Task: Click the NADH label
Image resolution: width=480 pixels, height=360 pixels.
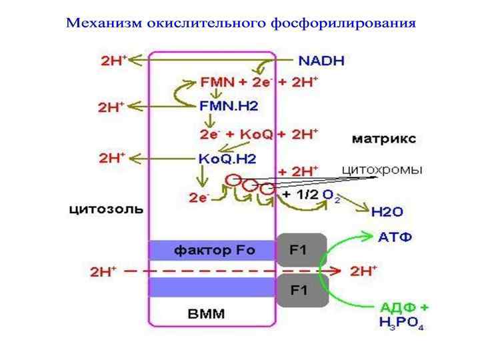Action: pyautogui.click(x=321, y=61)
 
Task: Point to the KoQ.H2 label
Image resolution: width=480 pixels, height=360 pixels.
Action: pyautogui.click(x=227, y=159)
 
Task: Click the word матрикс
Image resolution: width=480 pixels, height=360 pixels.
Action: pyautogui.click(x=383, y=139)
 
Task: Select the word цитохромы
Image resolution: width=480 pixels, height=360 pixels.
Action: pyautogui.click(x=381, y=170)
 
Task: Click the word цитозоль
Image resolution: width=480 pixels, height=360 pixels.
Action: pyautogui.click(x=106, y=209)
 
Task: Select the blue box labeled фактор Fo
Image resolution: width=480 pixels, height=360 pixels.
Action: pyautogui.click(x=212, y=251)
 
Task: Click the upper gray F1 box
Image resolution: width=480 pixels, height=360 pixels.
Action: pyautogui.click(x=301, y=251)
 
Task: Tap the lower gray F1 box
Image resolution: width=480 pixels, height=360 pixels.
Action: pyautogui.click(x=301, y=289)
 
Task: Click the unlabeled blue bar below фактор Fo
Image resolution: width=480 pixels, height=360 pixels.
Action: pyautogui.click(x=212, y=288)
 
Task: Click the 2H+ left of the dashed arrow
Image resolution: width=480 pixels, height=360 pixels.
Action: pyautogui.click(x=105, y=271)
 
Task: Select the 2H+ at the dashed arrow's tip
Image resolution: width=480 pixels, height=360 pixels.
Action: pyautogui.click(x=363, y=271)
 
